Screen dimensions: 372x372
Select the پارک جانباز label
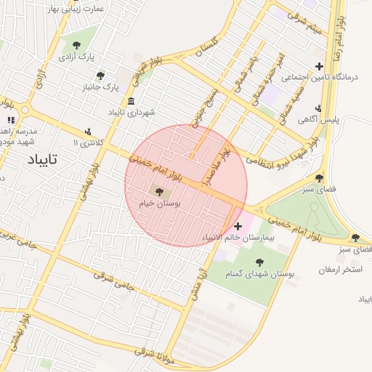pyautogui.click(x=102, y=87)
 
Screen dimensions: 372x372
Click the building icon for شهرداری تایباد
pyautogui.click(x=131, y=100)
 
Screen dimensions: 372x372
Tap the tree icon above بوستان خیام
pyautogui.click(x=159, y=191)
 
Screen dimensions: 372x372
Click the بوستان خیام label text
pyautogui.click(x=159, y=204)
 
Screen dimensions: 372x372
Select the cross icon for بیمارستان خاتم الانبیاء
pyautogui.click(x=238, y=226)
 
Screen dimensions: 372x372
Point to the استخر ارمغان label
pyautogui.click(x=340, y=270)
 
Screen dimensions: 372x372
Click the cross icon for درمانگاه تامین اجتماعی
pyautogui.click(x=318, y=67)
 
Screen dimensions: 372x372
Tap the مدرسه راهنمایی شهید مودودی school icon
pyautogui.click(x=10, y=120)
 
